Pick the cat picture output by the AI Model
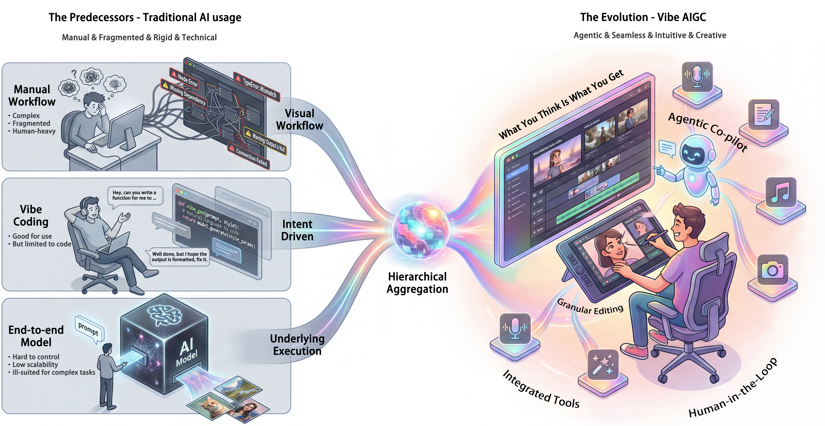click(210, 405)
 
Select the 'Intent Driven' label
click(297, 230)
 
